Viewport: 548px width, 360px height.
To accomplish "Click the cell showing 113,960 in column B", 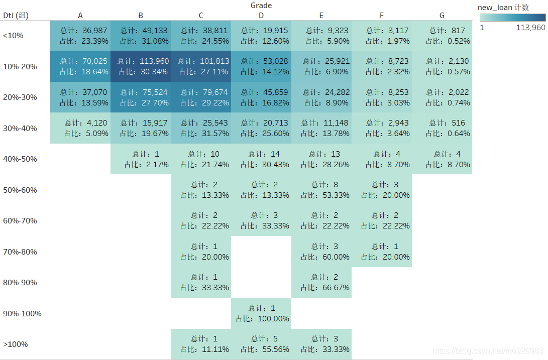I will click(141, 66).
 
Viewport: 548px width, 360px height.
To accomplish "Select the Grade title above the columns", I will click(261, 6).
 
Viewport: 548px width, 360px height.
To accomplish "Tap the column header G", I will click(442, 16).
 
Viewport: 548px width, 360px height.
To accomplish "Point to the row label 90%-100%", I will click(22, 314).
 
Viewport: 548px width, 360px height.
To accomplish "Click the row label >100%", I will click(16, 344).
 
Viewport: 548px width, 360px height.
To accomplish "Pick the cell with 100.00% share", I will click(261, 313).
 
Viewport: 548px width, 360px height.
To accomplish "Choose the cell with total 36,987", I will click(80, 36).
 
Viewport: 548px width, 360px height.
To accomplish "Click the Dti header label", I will click(16, 16).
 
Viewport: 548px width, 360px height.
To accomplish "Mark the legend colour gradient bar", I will click(512, 18).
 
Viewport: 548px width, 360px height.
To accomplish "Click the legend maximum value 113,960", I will click(530, 28).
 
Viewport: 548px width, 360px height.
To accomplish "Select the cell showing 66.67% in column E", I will click(321, 282).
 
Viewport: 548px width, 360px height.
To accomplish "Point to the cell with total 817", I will click(442, 36).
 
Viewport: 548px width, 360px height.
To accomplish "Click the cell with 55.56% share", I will click(261, 344).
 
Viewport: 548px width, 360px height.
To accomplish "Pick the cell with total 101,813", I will click(201, 66).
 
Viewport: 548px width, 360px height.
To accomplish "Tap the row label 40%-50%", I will click(20, 159).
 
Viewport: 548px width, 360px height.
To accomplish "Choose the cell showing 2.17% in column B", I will click(141, 159).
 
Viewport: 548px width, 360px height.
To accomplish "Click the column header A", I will click(80, 16).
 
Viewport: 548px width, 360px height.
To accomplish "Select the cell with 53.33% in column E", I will click(321, 190).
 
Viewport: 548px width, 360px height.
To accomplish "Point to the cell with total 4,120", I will click(80, 128).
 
